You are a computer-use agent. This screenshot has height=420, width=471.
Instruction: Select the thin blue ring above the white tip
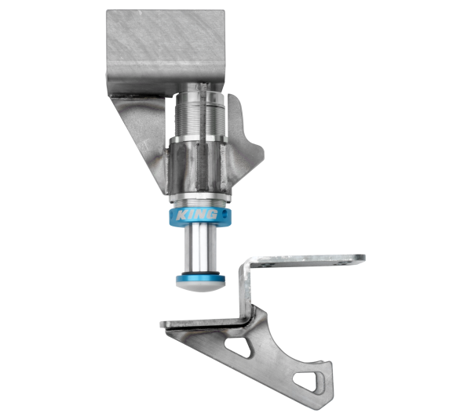point(199,277)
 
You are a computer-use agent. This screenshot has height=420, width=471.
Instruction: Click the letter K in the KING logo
point(181,214)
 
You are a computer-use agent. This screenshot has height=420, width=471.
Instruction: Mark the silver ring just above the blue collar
point(198,200)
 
